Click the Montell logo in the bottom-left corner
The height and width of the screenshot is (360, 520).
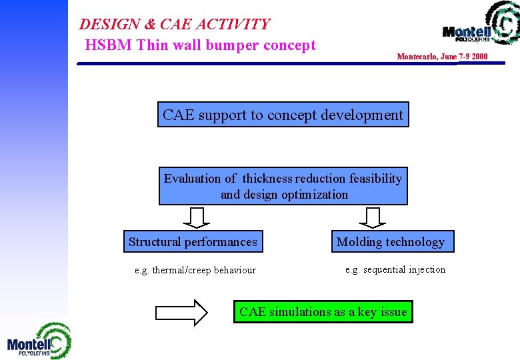click(x=39, y=341)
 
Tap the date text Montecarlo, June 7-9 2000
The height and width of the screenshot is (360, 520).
click(x=442, y=57)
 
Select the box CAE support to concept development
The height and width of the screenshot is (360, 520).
click(x=283, y=115)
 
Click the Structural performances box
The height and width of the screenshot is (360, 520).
click(x=193, y=242)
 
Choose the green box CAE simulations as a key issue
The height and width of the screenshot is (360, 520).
click(x=323, y=312)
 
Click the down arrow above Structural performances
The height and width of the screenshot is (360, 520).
click(x=196, y=217)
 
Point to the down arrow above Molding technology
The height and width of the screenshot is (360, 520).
click(x=373, y=217)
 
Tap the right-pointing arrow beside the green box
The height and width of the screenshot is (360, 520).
click(x=181, y=312)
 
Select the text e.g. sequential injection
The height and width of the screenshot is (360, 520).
click(x=395, y=269)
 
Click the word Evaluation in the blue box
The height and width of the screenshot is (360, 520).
click(x=191, y=179)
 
